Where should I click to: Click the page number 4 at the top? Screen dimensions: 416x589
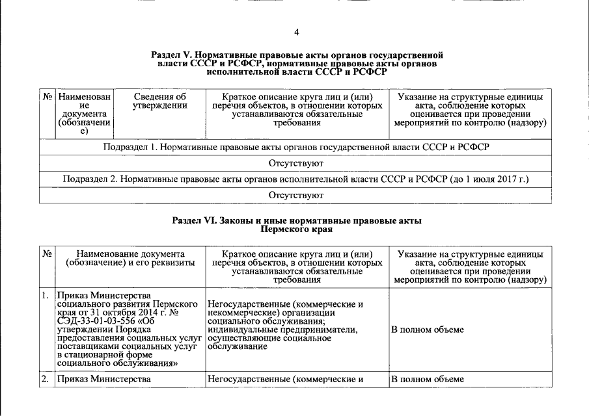[296, 32]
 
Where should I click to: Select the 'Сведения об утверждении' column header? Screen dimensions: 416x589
[159, 101]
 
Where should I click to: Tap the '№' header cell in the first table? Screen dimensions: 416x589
[48, 97]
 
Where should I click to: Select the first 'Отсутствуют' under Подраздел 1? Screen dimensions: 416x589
[296, 163]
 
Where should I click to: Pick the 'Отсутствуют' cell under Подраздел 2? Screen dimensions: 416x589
[296, 194]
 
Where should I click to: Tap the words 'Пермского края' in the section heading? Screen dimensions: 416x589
[296, 229]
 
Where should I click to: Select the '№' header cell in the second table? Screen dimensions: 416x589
[48, 253]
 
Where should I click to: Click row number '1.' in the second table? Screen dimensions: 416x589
[46, 296]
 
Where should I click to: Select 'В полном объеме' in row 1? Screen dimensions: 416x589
[427, 330]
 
